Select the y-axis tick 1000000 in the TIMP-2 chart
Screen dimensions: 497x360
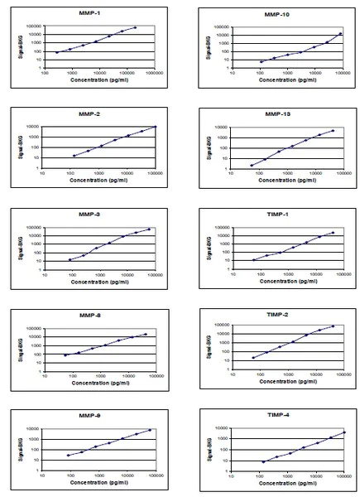[217, 324]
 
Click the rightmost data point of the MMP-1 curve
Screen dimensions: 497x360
[135, 27]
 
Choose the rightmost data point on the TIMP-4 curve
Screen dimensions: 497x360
[344, 432]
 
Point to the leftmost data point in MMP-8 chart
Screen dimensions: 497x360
[65, 355]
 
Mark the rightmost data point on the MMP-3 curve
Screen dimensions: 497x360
[149, 229]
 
